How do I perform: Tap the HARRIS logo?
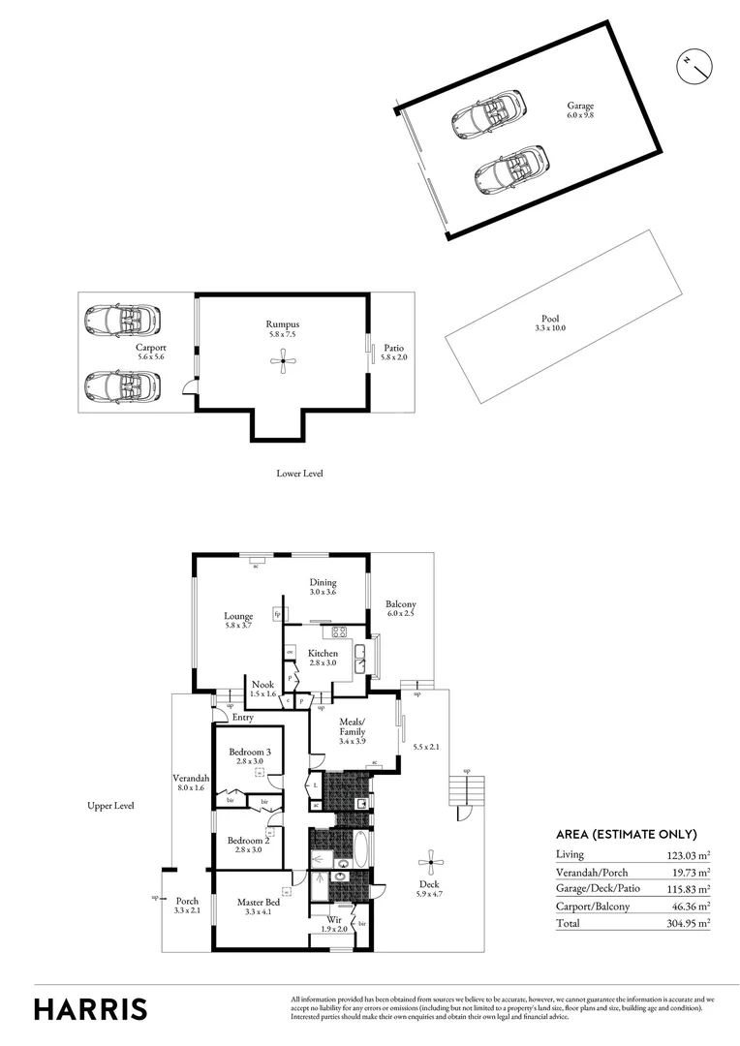[x=91, y=1008]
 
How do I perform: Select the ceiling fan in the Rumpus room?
[x=281, y=362]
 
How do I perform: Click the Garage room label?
[x=580, y=110]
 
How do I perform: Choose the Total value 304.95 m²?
[x=690, y=923]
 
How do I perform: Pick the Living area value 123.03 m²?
[x=690, y=854]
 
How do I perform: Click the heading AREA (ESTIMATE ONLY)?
[x=626, y=834]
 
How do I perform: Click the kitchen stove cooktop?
[x=340, y=632]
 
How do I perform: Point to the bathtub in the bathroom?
[x=359, y=850]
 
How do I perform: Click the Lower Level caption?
[x=299, y=474]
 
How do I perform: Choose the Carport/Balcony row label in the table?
[x=592, y=907]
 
